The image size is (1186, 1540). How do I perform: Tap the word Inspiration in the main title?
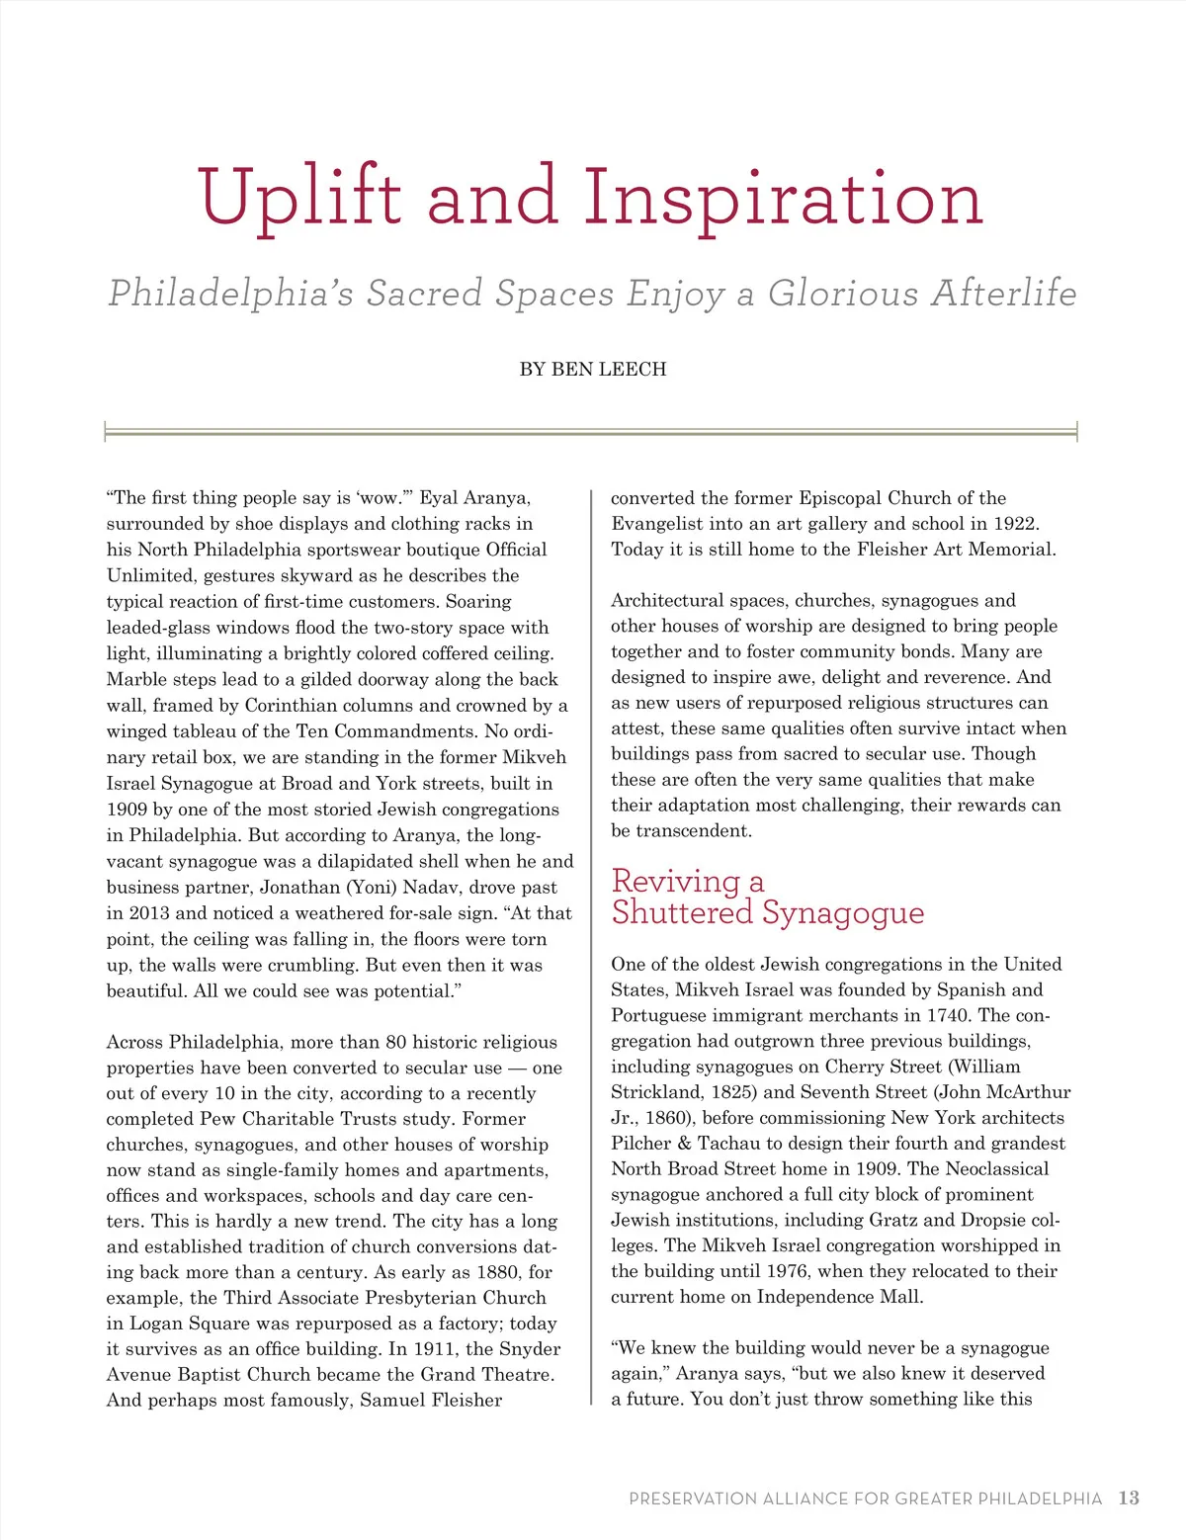783,198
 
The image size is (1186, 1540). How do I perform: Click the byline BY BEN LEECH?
593,370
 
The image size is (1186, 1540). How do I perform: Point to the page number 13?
1129,1498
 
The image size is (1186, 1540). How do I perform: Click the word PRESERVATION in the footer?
692,1499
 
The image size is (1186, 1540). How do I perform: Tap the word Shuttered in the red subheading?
681,912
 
